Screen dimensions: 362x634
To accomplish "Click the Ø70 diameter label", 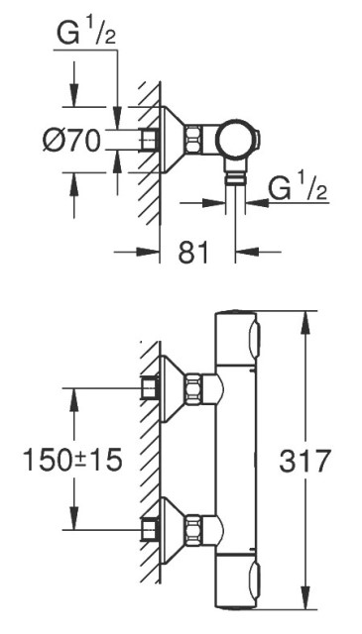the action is point(71,141).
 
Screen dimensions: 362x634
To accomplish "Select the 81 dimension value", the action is point(193,252).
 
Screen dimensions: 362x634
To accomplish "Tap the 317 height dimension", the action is point(305,461).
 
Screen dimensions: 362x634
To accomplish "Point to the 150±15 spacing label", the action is point(72,460).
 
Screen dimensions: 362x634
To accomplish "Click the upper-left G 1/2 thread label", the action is point(86,33).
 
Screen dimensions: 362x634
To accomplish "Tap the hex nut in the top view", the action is point(192,140).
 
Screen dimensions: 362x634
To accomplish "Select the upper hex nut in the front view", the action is point(192,388).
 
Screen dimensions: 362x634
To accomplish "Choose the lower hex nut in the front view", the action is point(192,529).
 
